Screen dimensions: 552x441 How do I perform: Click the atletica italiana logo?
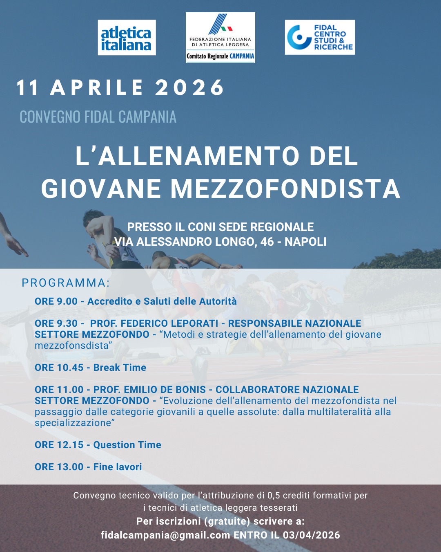(x=127, y=38)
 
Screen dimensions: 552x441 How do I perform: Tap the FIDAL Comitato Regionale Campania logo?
(x=220, y=38)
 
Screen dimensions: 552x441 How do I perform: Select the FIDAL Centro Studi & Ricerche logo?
(x=320, y=37)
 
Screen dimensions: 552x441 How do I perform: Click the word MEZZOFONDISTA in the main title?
(x=285, y=189)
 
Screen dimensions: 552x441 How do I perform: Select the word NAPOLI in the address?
(x=305, y=242)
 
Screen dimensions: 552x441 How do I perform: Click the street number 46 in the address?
(x=267, y=242)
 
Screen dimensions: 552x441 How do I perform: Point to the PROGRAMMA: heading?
(x=66, y=283)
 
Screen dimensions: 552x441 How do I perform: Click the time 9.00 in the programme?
(x=67, y=301)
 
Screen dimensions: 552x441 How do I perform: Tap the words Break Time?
(x=120, y=368)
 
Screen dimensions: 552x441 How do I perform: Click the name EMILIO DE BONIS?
(x=167, y=390)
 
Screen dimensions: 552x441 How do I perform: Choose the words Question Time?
(x=127, y=445)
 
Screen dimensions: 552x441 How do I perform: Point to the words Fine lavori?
(x=118, y=467)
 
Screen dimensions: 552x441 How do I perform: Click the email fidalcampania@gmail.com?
(x=165, y=535)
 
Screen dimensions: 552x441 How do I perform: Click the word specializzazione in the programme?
(x=73, y=423)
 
